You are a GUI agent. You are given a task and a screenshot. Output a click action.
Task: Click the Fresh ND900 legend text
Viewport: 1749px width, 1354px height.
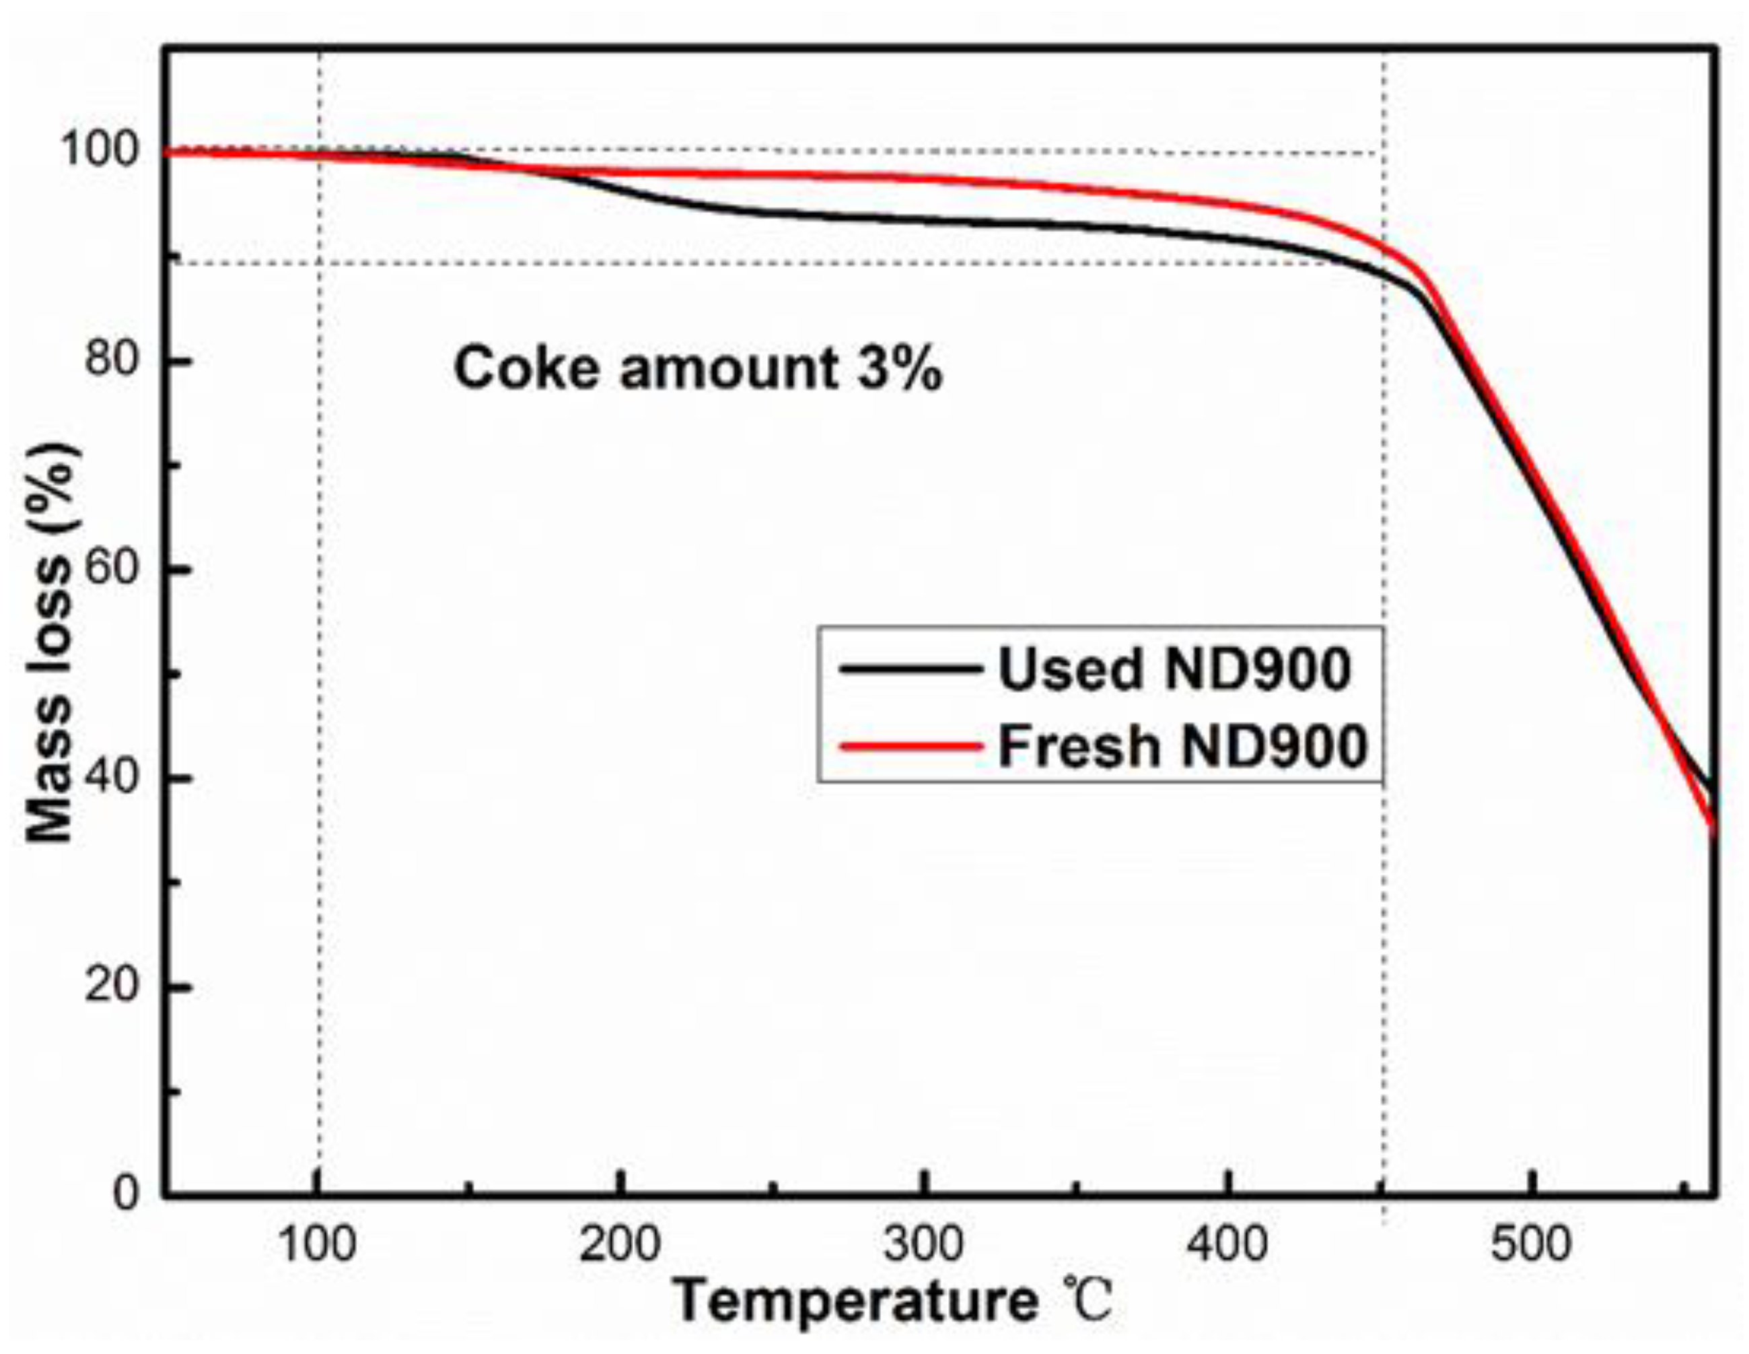coord(1182,746)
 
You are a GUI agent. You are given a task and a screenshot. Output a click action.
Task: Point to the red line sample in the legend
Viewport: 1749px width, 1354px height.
coord(911,747)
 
